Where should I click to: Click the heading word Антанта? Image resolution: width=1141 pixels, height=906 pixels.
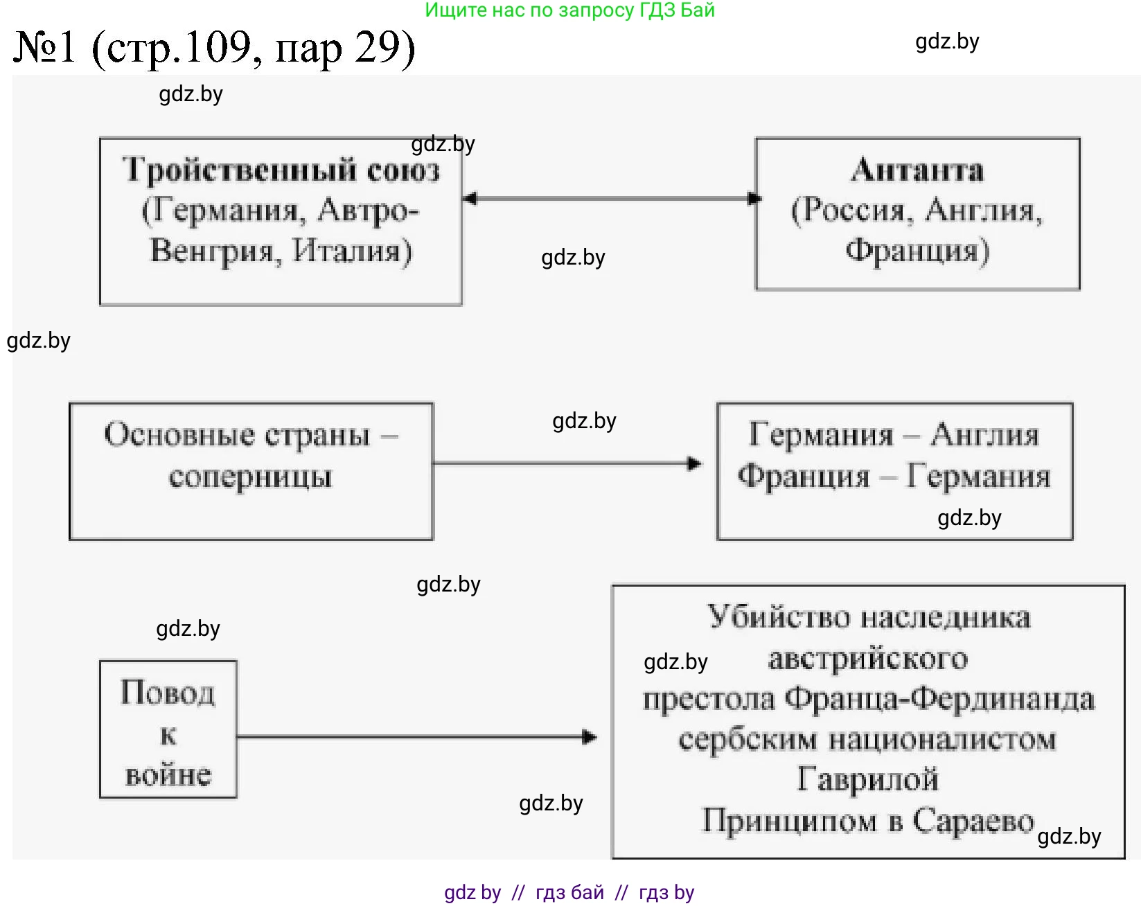click(x=917, y=170)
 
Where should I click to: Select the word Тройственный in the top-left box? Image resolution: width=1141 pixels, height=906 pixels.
click(x=240, y=170)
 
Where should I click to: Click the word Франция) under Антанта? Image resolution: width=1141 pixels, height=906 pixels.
click(x=917, y=251)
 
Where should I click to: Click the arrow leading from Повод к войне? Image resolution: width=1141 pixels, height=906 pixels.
click(x=416, y=737)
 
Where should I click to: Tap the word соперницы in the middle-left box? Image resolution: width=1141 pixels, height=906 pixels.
click(x=251, y=477)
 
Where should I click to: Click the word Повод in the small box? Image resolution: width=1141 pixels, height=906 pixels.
click(x=168, y=693)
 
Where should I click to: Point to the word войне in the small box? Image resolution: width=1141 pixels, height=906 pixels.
click(x=168, y=774)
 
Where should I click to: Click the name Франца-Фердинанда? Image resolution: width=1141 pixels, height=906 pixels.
click(x=939, y=699)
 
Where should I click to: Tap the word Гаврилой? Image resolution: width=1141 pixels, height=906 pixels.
click(x=868, y=780)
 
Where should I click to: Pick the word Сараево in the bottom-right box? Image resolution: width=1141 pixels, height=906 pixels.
click(x=973, y=821)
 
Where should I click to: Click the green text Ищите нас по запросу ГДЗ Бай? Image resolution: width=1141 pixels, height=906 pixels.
click(x=569, y=10)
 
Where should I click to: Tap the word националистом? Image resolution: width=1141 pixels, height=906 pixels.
click(x=943, y=740)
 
